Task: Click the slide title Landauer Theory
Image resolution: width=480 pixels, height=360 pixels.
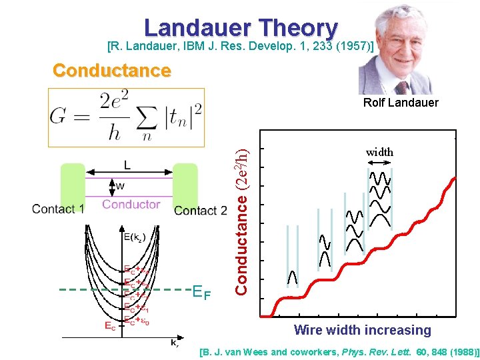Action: (241, 27)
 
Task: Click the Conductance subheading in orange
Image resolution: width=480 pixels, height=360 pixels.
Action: (111, 71)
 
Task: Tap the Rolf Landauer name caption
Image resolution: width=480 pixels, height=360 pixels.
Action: (401, 103)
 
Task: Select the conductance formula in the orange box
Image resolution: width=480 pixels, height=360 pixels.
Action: (126, 116)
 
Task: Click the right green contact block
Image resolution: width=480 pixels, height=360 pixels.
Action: (185, 185)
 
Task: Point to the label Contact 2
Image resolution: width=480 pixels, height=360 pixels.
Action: (201, 211)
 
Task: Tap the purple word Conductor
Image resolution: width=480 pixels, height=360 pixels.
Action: (131, 204)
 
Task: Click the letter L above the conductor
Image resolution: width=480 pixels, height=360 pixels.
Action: (126, 164)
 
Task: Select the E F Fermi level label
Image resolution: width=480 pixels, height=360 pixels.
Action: (202, 291)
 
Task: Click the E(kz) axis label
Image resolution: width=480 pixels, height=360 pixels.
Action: (135, 237)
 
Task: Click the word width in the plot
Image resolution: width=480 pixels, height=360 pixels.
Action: (379, 152)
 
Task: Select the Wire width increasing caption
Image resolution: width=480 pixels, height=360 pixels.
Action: (363, 330)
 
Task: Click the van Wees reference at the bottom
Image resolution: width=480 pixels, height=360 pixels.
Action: (339, 351)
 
